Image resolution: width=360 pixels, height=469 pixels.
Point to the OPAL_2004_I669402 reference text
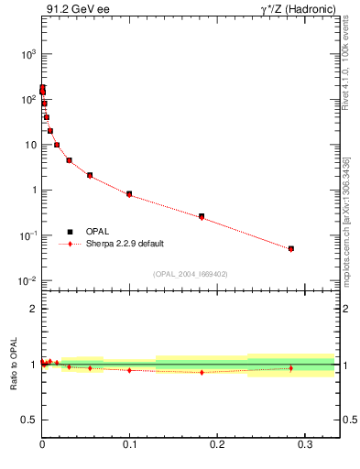(190, 273)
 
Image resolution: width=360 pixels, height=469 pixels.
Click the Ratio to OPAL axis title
(14, 365)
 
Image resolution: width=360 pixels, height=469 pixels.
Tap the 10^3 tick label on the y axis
(24, 54)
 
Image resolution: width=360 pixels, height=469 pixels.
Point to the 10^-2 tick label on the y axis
(24, 280)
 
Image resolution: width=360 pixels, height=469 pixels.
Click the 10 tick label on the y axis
(27, 145)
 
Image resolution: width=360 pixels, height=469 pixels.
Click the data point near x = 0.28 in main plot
(290, 248)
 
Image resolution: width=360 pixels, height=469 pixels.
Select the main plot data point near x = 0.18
(202, 216)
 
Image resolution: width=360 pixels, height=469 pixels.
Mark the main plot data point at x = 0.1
(129, 194)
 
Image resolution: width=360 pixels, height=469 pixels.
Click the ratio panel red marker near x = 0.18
(202, 372)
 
